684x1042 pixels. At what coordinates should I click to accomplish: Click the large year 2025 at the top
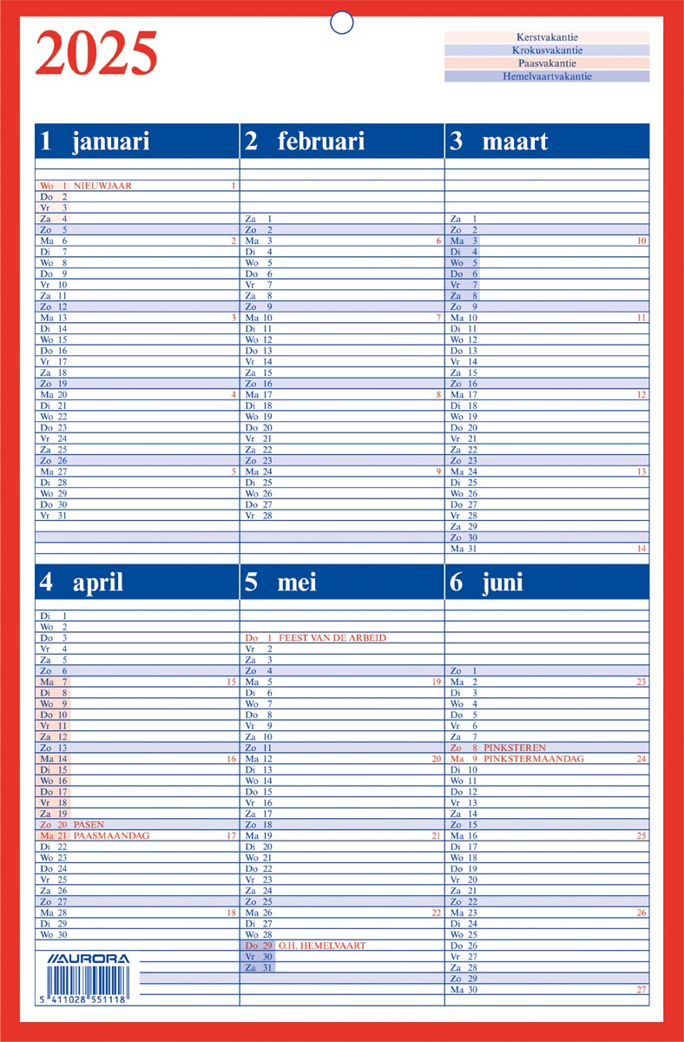(x=96, y=54)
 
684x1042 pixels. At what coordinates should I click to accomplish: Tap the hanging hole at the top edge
(x=342, y=23)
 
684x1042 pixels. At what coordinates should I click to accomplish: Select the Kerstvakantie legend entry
(x=546, y=37)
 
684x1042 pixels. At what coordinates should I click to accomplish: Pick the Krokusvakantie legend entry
(x=546, y=50)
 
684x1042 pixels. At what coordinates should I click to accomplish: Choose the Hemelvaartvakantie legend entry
(x=546, y=76)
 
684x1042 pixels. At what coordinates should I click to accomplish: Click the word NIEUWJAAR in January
(x=102, y=186)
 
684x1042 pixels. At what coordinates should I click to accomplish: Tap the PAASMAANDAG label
(x=112, y=835)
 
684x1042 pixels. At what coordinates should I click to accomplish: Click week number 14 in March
(x=641, y=549)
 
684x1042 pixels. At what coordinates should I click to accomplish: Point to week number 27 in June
(x=641, y=989)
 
